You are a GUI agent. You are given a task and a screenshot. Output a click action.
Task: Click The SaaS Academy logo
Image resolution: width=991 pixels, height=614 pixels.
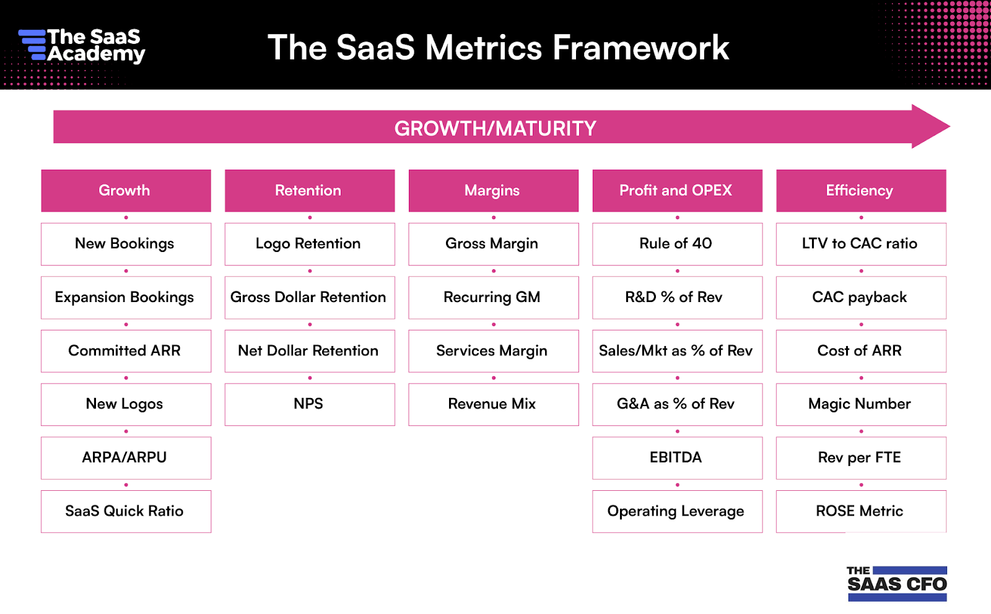click(82, 46)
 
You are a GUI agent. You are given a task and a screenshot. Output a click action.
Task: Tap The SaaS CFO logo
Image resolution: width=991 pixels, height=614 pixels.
click(896, 583)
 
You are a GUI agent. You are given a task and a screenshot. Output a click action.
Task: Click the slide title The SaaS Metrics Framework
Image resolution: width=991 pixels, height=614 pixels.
click(498, 48)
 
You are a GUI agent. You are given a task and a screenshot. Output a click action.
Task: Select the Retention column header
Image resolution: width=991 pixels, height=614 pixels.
click(309, 191)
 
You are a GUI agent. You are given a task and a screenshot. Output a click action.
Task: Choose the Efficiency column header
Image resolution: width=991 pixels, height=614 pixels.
click(860, 191)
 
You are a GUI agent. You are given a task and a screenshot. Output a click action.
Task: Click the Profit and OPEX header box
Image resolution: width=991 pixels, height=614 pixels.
click(676, 191)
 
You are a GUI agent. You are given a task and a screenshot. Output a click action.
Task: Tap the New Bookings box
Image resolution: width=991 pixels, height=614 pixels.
click(126, 244)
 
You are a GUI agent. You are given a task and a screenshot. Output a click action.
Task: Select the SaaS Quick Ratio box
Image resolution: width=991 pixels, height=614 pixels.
click(126, 511)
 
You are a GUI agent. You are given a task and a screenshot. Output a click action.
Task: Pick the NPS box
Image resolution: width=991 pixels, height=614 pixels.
click(309, 404)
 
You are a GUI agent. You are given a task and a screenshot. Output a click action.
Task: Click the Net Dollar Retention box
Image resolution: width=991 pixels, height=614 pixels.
click(309, 351)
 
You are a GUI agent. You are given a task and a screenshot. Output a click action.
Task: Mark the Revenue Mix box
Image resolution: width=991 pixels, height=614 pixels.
click(493, 404)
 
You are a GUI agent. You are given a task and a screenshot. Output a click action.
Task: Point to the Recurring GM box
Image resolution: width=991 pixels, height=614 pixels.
click(493, 298)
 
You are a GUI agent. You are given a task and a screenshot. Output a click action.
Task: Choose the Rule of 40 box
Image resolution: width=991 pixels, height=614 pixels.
click(676, 244)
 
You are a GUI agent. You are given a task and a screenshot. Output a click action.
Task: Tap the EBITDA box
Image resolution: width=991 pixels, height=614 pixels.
click(676, 458)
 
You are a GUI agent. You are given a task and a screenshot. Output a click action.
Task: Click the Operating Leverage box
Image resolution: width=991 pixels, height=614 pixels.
click(676, 511)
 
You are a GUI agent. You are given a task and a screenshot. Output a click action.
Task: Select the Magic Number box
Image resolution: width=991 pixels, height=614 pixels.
click(860, 404)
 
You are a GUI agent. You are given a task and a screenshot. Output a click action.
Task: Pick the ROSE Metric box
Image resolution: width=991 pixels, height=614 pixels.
click(860, 511)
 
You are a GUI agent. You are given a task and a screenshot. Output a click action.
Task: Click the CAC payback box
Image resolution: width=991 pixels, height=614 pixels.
click(860, 298)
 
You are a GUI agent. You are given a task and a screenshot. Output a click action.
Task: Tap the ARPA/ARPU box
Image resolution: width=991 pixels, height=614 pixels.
click(126, 458)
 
